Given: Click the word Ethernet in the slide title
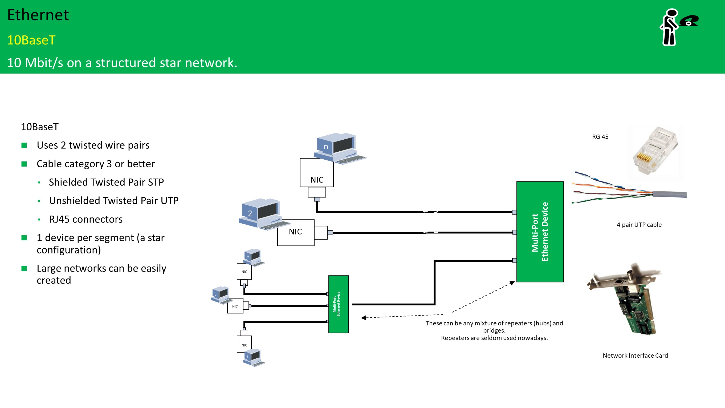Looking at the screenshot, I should point(38,15).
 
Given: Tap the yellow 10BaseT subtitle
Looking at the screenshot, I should point(31,40).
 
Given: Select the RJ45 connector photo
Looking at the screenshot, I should point(655,152).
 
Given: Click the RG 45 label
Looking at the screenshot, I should point(600,137).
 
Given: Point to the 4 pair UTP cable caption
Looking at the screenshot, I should point(639,225).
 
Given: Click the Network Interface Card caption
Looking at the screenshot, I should point(635,355).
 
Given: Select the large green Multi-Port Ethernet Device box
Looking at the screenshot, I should point(540,232).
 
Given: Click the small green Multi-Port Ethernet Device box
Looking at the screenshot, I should point(338,304).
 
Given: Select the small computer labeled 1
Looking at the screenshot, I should point(253,358).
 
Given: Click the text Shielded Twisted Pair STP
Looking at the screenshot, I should point(106,182).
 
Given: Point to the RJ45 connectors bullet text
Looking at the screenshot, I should point(85,219).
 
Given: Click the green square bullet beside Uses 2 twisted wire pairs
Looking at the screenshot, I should point(24,146).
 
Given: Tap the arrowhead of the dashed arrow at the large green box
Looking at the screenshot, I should point(512,283).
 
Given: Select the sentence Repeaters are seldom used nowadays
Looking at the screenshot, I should point(494,338).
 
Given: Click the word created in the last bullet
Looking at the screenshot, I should point(54,280).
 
